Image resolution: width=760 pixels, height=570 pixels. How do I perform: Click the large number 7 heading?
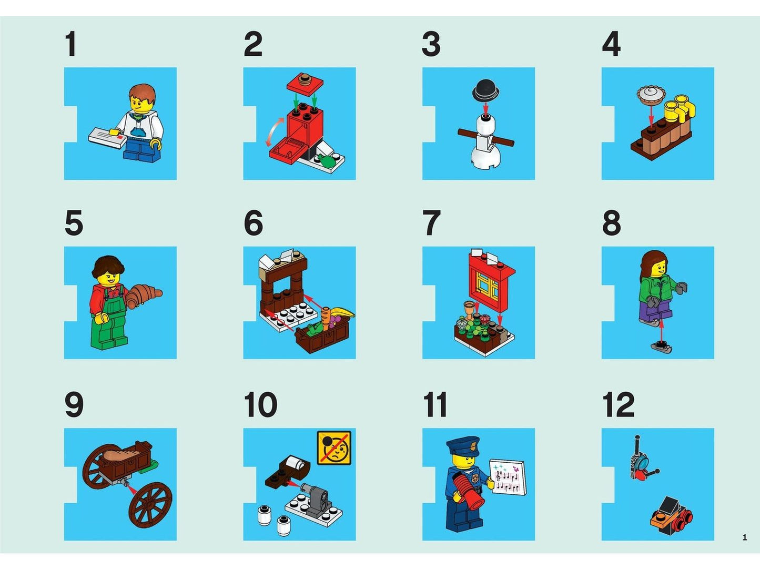click(431, 222)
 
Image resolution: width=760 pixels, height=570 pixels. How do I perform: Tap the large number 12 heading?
click(619, 404)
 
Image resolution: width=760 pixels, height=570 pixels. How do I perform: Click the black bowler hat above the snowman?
click(485, 90)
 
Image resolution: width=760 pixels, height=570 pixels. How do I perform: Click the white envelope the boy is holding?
click(107, 137)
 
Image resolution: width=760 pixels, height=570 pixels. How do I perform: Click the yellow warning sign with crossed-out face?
click(334, 448)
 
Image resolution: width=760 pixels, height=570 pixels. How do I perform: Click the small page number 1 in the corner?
click(745, 537)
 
